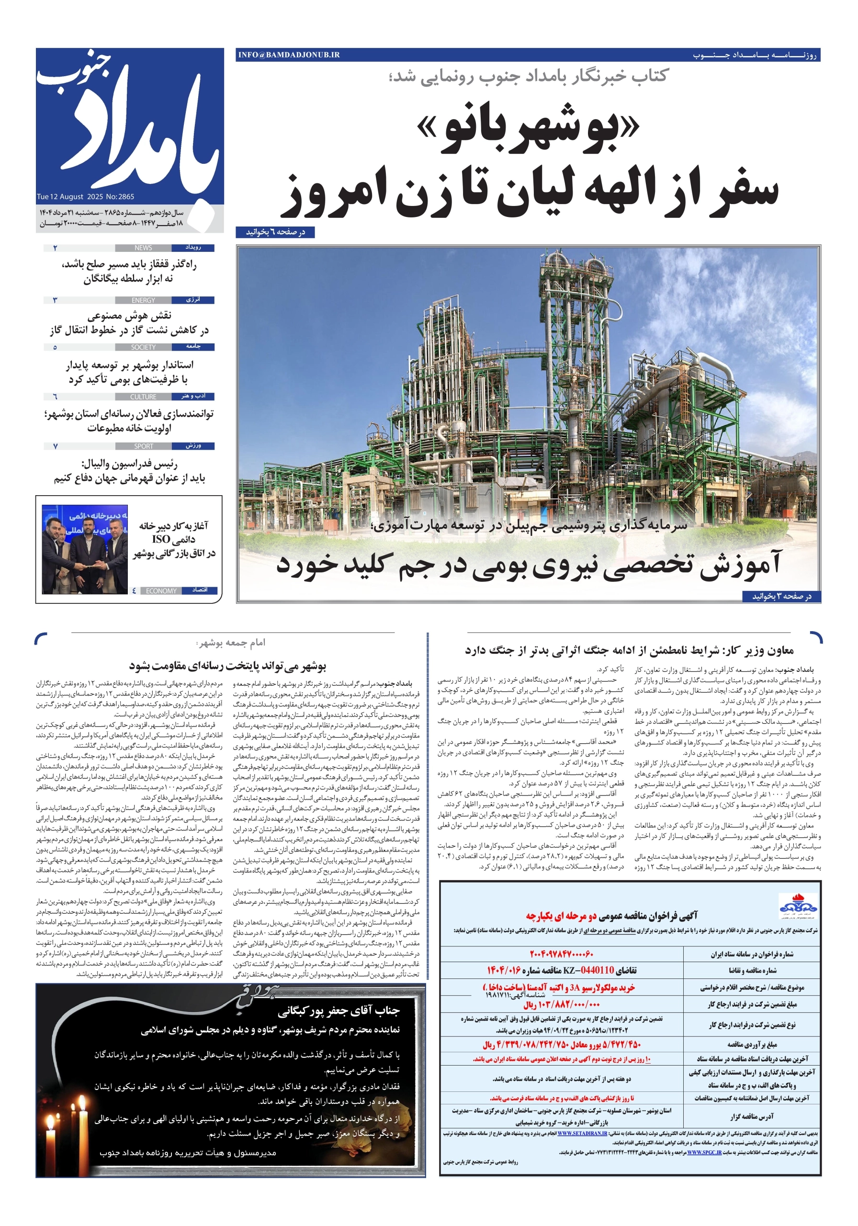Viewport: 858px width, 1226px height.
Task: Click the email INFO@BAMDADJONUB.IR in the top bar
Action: point(289,55)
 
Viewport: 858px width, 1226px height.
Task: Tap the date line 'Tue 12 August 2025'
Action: point(70,196)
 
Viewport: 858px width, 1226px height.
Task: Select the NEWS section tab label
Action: point(143,248)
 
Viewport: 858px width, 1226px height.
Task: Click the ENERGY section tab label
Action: point(143,300)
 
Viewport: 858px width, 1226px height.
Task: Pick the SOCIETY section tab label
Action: point(143,347)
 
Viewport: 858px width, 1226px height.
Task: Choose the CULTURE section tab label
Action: point(143,397)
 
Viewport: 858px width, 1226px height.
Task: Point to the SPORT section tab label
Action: point(143,446)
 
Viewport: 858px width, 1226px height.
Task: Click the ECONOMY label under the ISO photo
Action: point(161,590)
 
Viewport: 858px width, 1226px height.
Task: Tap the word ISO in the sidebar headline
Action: point(161,539)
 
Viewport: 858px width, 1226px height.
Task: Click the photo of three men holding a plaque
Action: point(84,549)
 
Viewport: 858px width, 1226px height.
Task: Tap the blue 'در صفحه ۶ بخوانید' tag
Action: point(274,232)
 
